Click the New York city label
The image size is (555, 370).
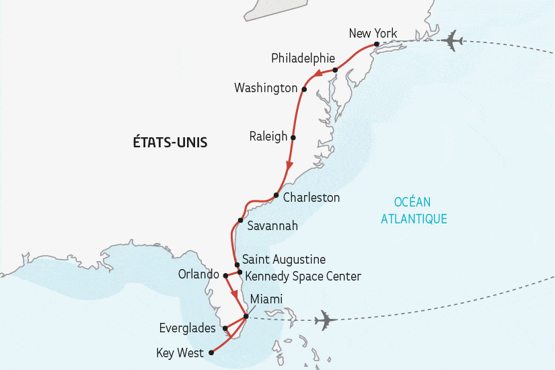[x=373, y=34]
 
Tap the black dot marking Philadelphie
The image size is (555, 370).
[x=335, y=70]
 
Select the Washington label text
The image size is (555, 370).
[x=266, y=88]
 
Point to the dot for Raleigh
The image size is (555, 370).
[x=293, y=137]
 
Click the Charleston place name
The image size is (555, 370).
[x=311, y=198]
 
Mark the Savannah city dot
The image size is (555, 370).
[x=240, y=221]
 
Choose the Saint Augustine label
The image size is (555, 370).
[x=284, y=260]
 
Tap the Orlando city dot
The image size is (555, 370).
[x=226, y=275]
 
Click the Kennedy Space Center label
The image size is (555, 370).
[x=303, y=276]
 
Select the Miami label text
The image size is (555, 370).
[x=266, y=299]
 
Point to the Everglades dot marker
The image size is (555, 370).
[x=225, y=329]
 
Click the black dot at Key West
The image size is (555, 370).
[x=211, y=352]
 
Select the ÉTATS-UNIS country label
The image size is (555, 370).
[x=170, y=143]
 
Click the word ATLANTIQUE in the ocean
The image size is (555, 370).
[x=414, y=219]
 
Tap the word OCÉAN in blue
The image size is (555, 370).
[x=413, y=202]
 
